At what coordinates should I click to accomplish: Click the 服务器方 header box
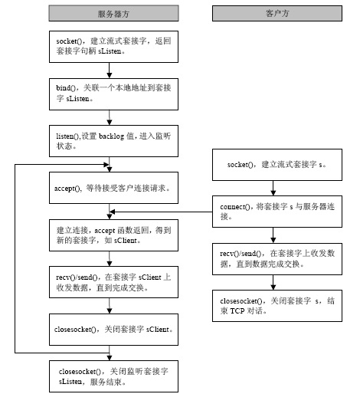113,13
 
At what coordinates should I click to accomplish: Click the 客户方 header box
277,13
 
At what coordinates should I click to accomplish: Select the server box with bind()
113,94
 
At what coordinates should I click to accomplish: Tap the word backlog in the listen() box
111,136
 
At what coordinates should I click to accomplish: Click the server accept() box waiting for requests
113,188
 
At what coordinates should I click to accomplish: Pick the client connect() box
277,212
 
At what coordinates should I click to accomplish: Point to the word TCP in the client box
237,311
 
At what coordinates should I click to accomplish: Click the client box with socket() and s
277,165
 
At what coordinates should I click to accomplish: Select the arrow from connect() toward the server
161,212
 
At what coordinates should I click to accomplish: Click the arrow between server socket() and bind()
110,71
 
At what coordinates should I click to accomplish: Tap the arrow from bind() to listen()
110,118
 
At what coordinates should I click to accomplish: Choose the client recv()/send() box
277,259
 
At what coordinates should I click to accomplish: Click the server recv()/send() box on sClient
113,282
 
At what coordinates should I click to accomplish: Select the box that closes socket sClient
113,330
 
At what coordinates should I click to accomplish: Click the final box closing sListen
113,376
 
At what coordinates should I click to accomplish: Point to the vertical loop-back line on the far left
15,258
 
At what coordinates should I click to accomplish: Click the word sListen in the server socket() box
110,51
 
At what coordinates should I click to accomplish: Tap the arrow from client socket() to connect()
273,189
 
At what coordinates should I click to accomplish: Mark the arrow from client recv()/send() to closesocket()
273,283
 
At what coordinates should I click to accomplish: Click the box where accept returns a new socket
113,235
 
